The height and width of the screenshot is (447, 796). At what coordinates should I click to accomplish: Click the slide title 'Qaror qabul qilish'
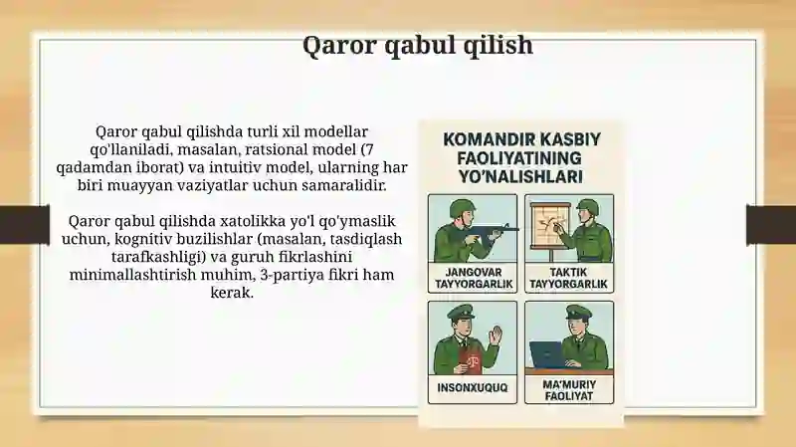point(418,45)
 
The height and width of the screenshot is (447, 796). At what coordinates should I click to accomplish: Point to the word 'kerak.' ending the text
point(232,293)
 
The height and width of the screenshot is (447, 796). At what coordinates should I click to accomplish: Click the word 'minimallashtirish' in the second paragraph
point(132,275)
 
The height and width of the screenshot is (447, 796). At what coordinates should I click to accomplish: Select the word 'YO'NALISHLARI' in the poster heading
point(520,177)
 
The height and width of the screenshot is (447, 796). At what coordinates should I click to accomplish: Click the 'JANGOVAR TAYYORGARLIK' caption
point(474,278)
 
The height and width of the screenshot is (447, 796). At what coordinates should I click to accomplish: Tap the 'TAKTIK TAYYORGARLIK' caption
point(568,278)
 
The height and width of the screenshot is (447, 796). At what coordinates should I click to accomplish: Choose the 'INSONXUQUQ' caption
point(472,387)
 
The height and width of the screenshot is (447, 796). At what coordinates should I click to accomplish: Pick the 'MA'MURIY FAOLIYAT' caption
point(569,390)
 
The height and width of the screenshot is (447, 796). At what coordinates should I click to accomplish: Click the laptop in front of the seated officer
point(546,354)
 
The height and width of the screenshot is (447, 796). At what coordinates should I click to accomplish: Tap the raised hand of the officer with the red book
point(496,336)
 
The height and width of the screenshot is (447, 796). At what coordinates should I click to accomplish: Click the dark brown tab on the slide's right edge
point(770,224)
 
